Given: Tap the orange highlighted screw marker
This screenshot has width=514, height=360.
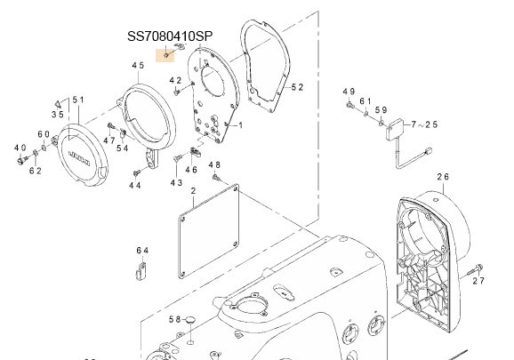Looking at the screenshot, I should coord(166,55).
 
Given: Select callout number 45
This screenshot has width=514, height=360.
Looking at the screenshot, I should coord(138,66).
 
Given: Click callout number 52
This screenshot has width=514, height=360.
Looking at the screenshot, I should coord(297,87).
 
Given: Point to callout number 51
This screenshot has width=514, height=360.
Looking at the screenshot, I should coord(77,100).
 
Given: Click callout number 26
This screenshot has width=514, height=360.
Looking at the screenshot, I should coord(443,177).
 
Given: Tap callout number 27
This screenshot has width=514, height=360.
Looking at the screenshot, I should coord(478,281).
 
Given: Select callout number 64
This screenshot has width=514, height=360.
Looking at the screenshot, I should coord(143,251).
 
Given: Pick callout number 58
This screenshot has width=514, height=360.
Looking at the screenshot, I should coord(176,319).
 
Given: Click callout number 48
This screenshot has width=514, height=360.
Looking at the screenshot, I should coord(214,165).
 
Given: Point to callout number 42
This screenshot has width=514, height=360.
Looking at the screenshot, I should coord(175,81).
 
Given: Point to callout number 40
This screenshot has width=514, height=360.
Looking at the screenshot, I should coord(20,148).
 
